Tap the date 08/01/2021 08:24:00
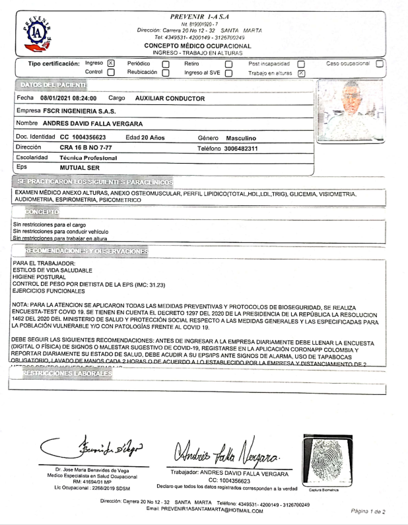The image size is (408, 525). pyautogui.click(x=68, y=98)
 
